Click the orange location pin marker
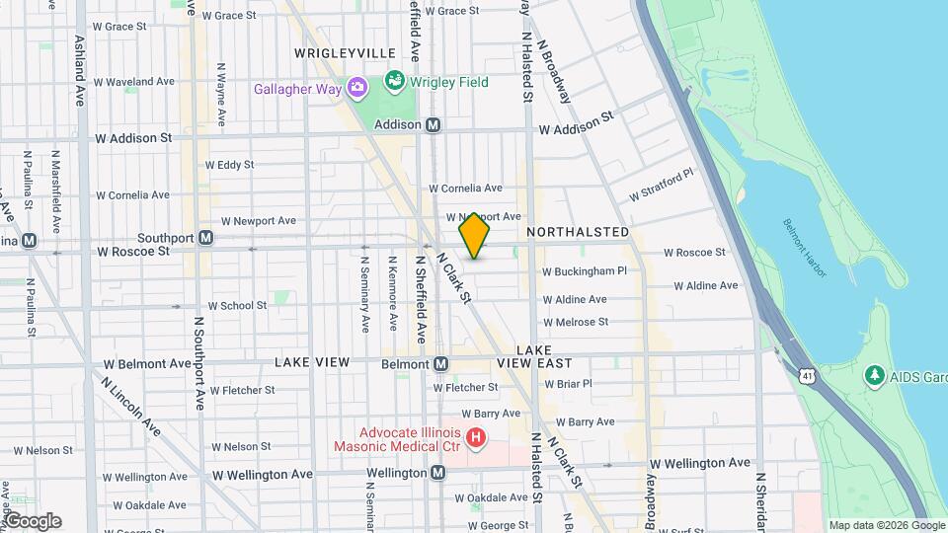tap(475, 236)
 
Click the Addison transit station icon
tap(434, 125)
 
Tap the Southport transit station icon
tap(205, 237)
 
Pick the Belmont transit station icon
tap(440, 363)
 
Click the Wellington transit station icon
tap(436, 473)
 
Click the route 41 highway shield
tap(809, 376)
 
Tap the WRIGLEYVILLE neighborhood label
tap(345, 53)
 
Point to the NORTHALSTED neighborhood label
tap(578, 232)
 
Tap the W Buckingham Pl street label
tap(585, 271)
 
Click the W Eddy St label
tap(229, 165)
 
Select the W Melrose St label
tap(576, 322)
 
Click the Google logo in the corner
tap(32, 521)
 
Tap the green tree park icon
tap(873, 375)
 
